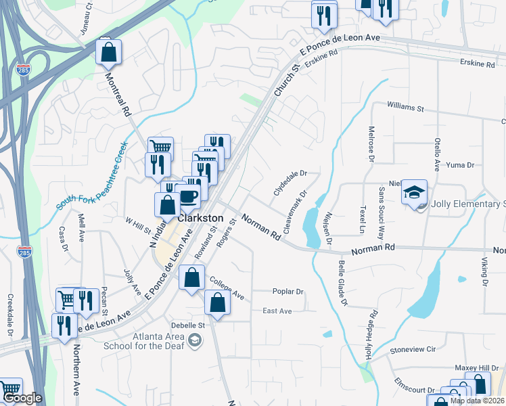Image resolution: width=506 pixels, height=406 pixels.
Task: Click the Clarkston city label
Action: (x=200, y=219)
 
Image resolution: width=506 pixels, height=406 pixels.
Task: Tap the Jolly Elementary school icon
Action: (x=415, y=194)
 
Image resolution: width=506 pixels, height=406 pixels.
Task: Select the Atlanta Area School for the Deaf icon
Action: (x=195, y=339)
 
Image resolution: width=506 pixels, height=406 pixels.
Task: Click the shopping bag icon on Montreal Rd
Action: (x=108, y=51)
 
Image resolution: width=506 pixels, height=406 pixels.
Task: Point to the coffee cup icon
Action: (x=188, y=196)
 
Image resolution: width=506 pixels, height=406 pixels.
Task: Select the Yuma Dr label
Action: (x=461, y=165)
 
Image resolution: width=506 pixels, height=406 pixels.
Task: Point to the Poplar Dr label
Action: (x=289, y=292)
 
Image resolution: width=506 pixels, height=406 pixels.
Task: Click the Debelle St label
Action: (x=182, y=324)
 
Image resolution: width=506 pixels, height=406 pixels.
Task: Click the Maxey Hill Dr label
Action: (x=471, y=367)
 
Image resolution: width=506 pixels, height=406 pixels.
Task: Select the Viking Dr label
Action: (x=484, y=271)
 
